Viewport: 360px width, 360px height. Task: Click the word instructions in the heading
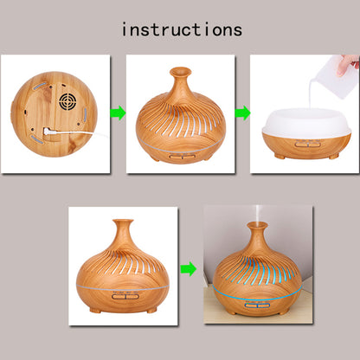182,29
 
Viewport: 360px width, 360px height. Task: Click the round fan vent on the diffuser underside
67,100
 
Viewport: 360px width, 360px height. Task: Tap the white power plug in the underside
47,132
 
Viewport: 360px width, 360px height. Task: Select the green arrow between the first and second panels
118,113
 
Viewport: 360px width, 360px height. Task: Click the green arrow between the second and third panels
242,112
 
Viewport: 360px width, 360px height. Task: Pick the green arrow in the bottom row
189,269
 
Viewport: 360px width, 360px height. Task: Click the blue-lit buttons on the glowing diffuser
258,305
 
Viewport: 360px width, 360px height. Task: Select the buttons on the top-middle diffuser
182,157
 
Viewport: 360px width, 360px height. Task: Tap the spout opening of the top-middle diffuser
181,70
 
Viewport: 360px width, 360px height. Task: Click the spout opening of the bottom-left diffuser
123,222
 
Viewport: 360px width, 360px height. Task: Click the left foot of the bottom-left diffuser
95,310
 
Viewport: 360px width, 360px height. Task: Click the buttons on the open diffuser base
307,144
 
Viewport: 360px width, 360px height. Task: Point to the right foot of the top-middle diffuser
209,158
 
